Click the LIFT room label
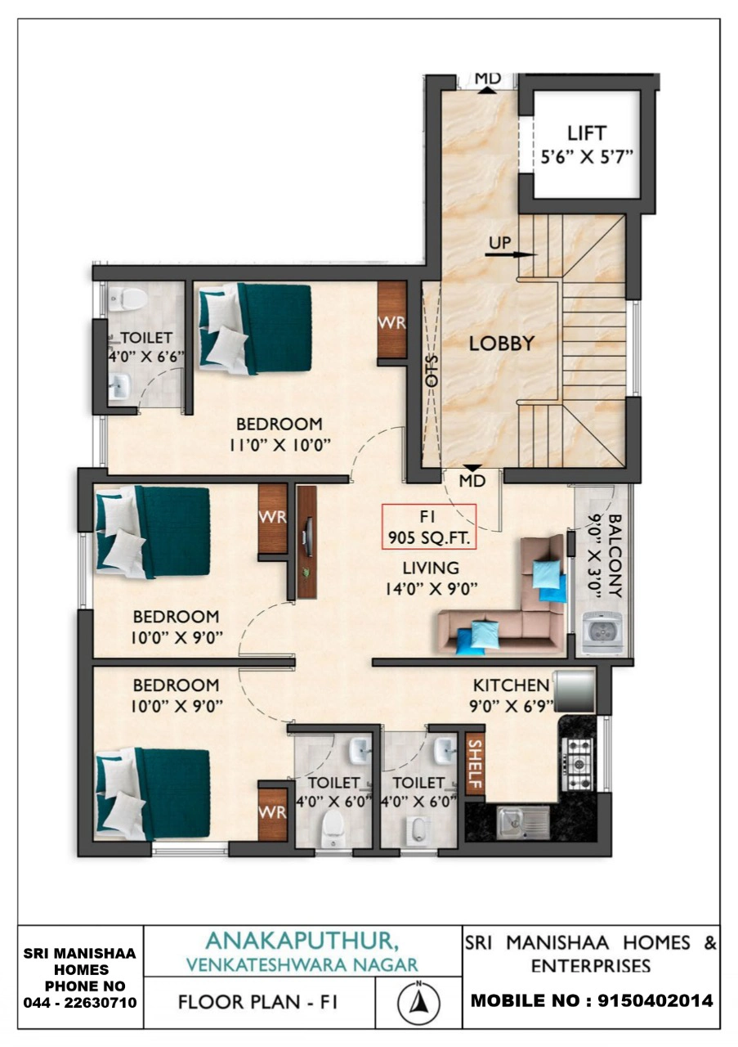(587, 133)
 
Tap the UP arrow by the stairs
(511, 254)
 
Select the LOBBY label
(502, 344)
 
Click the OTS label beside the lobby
(432, 371)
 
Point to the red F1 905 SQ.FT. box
(429, 526)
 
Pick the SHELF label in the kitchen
(475, 764)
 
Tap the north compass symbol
(418, 1002)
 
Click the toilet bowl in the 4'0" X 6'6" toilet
(127, 299)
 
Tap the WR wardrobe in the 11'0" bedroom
(391, 320)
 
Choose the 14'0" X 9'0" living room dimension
(432, 589)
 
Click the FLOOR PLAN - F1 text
(257, 1002)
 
